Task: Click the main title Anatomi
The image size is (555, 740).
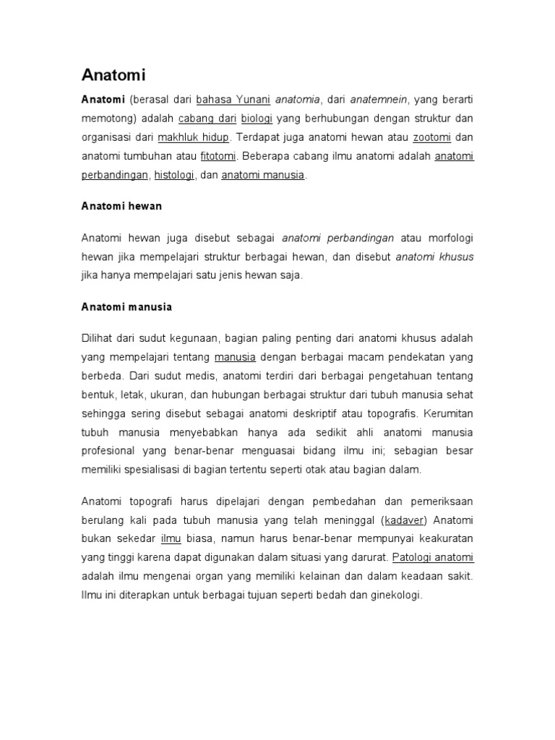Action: click(x=113, y=75)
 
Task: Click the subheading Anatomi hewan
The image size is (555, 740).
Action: click(x=121, y=206)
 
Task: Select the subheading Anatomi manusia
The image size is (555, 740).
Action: click(x=126, y=306)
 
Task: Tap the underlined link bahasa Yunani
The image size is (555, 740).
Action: click(x=223, y=98)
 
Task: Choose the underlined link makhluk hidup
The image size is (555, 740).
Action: click(x=193, y=137)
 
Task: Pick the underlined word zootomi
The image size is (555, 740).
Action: click(x=433, y=137)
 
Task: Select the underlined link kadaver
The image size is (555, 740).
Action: click(x=405, y=520)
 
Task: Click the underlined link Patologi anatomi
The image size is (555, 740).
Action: click(x=433, y=558)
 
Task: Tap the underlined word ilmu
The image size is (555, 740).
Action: click(x=171, y=539)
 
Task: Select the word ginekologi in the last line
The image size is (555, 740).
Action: click(x=391, y=595)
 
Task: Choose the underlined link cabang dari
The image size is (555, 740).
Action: click(x=202, y=118)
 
